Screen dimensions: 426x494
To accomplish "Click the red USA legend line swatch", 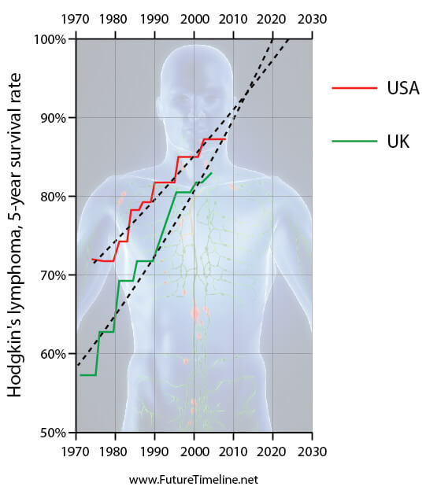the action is tap(354, 88).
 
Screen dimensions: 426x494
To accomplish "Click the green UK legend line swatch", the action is tap(354, 141).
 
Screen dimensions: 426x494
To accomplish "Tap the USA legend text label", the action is tap(403, 88).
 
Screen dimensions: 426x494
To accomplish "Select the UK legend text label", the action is tap(398, 141).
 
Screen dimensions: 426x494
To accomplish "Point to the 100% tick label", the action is tap(50, 39).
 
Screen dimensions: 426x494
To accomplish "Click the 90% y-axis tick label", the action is tap(54, 118).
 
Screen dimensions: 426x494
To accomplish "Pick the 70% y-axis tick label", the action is tap(54, 275).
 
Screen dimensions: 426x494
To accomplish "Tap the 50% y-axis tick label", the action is tap(54, 433).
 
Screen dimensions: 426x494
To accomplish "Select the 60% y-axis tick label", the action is tap(54, 354).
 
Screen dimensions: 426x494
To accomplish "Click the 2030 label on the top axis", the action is tap(312, 19).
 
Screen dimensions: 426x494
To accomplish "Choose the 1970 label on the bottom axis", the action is tap(75, 452).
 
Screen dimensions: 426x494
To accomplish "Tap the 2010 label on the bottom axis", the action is tap(233, 452).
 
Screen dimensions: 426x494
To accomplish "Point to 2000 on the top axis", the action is tap(194, 19).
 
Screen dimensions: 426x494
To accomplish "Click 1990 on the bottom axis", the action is tap(154, 452).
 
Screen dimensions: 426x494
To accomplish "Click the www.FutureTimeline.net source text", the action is tap(194, 480).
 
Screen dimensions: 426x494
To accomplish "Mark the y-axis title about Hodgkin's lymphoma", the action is tap(14, 235).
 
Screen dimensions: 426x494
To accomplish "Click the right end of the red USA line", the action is tap(225, 139).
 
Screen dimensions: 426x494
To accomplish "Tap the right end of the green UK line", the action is tap(211, 172).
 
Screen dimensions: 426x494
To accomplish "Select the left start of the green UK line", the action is tap(81, 375).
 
